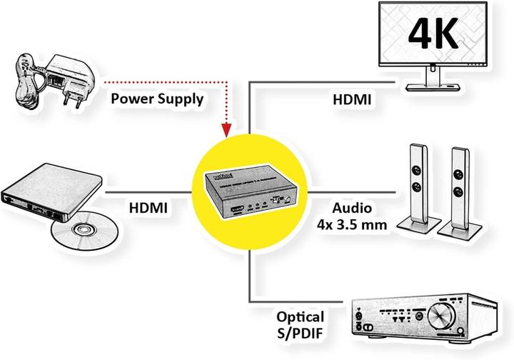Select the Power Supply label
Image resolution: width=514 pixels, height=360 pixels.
156,99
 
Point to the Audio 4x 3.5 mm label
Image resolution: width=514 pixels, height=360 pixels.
352,216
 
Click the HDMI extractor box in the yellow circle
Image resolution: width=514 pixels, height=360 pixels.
247,192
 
